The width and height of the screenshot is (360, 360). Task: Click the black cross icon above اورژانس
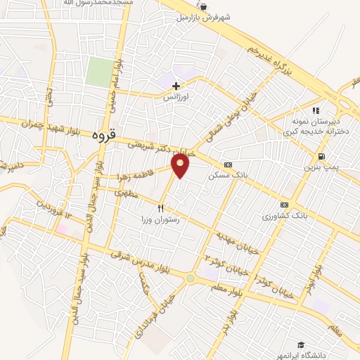click(176, 86)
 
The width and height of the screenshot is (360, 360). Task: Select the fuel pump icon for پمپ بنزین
click(321, 156)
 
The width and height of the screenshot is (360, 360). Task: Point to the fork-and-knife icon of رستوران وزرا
click(161, 209)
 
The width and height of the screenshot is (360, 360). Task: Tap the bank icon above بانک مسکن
click(226, 164)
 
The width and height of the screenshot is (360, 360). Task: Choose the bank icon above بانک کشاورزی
click(284, 203)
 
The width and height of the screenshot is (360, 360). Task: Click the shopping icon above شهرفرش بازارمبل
click(203, 6)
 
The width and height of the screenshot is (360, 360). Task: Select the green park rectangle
click(100, 72)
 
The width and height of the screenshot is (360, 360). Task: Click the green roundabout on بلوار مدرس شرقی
click(190, 279)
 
